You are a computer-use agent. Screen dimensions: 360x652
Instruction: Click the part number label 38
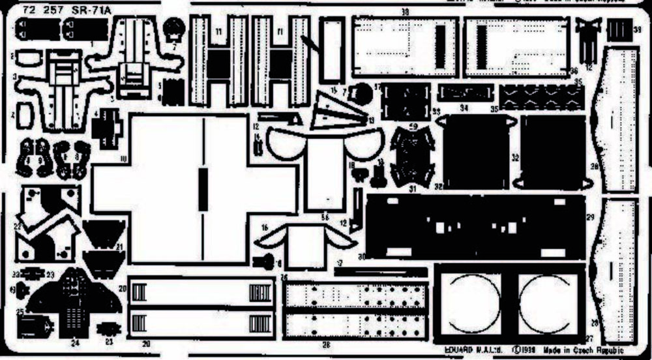coord(405,12)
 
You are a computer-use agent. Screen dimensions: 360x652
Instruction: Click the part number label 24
coord(76,341)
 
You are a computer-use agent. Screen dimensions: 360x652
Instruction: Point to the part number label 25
coord(20,312)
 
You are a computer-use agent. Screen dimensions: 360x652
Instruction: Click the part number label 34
coord(464,107)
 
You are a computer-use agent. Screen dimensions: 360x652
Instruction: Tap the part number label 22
coord(18,225)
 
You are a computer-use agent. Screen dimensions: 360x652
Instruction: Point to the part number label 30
coord(361,255)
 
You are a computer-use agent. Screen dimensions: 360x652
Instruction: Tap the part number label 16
coord(265,228)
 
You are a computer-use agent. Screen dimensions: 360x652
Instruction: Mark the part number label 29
coord(591,217)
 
